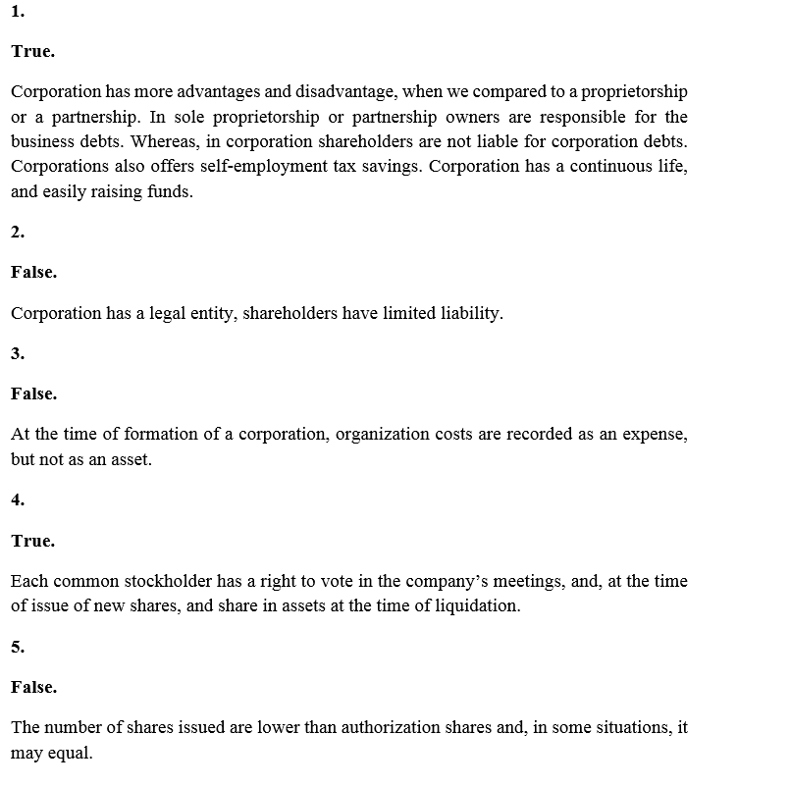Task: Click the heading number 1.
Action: [18, 13]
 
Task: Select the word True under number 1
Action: [32, 51]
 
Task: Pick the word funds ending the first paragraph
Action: [170, 192]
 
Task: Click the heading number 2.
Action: [18, 233]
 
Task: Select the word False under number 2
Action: [33, 273]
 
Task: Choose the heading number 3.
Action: [18, 353]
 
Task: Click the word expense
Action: [655, 434]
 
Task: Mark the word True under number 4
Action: [32, 541]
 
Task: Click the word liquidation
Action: [476, 605]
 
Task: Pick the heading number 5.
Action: [18, 647]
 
